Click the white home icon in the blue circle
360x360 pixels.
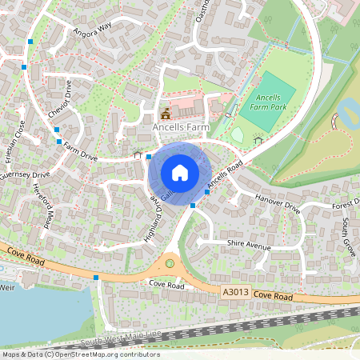click(x=180, y=173)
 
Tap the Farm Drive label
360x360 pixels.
click(x=80, y=152)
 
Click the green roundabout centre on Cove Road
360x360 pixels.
click(x=169, y=262)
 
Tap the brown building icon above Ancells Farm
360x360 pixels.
click(x=166, y=113)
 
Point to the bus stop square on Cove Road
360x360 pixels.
click(x=96, y=278)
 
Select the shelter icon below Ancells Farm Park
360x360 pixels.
click(x=258, y=141)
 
